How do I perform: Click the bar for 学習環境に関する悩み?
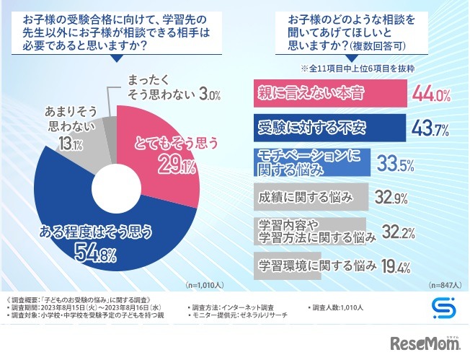(317, 265)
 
